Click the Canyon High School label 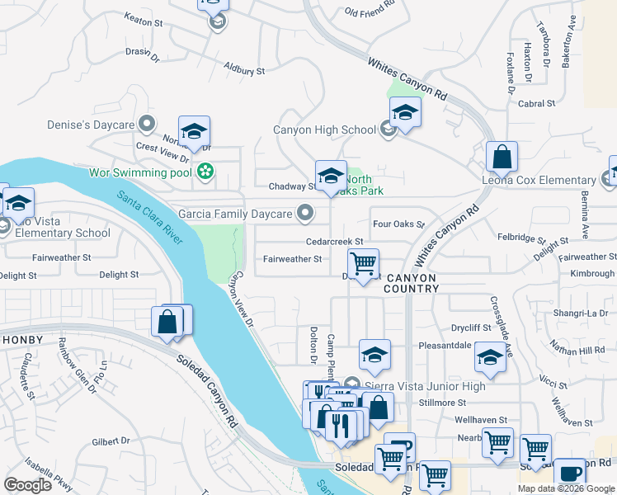point(324,130)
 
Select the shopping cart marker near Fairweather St point(363,265)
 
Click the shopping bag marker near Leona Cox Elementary point(501,156)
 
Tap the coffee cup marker point(569,474)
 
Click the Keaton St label point(144,17)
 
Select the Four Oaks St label point(398,224)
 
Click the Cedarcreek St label point(335,241)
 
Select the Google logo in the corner point(28,485)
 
